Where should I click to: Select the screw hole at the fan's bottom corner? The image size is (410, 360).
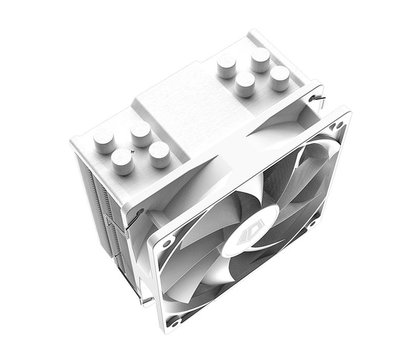click(x=174, y=319)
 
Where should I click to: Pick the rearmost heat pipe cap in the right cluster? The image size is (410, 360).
click(x=261, y=59)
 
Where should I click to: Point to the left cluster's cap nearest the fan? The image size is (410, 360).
click(x=158, y=152)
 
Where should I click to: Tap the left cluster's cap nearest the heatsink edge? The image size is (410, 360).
click(x=123, y=161)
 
